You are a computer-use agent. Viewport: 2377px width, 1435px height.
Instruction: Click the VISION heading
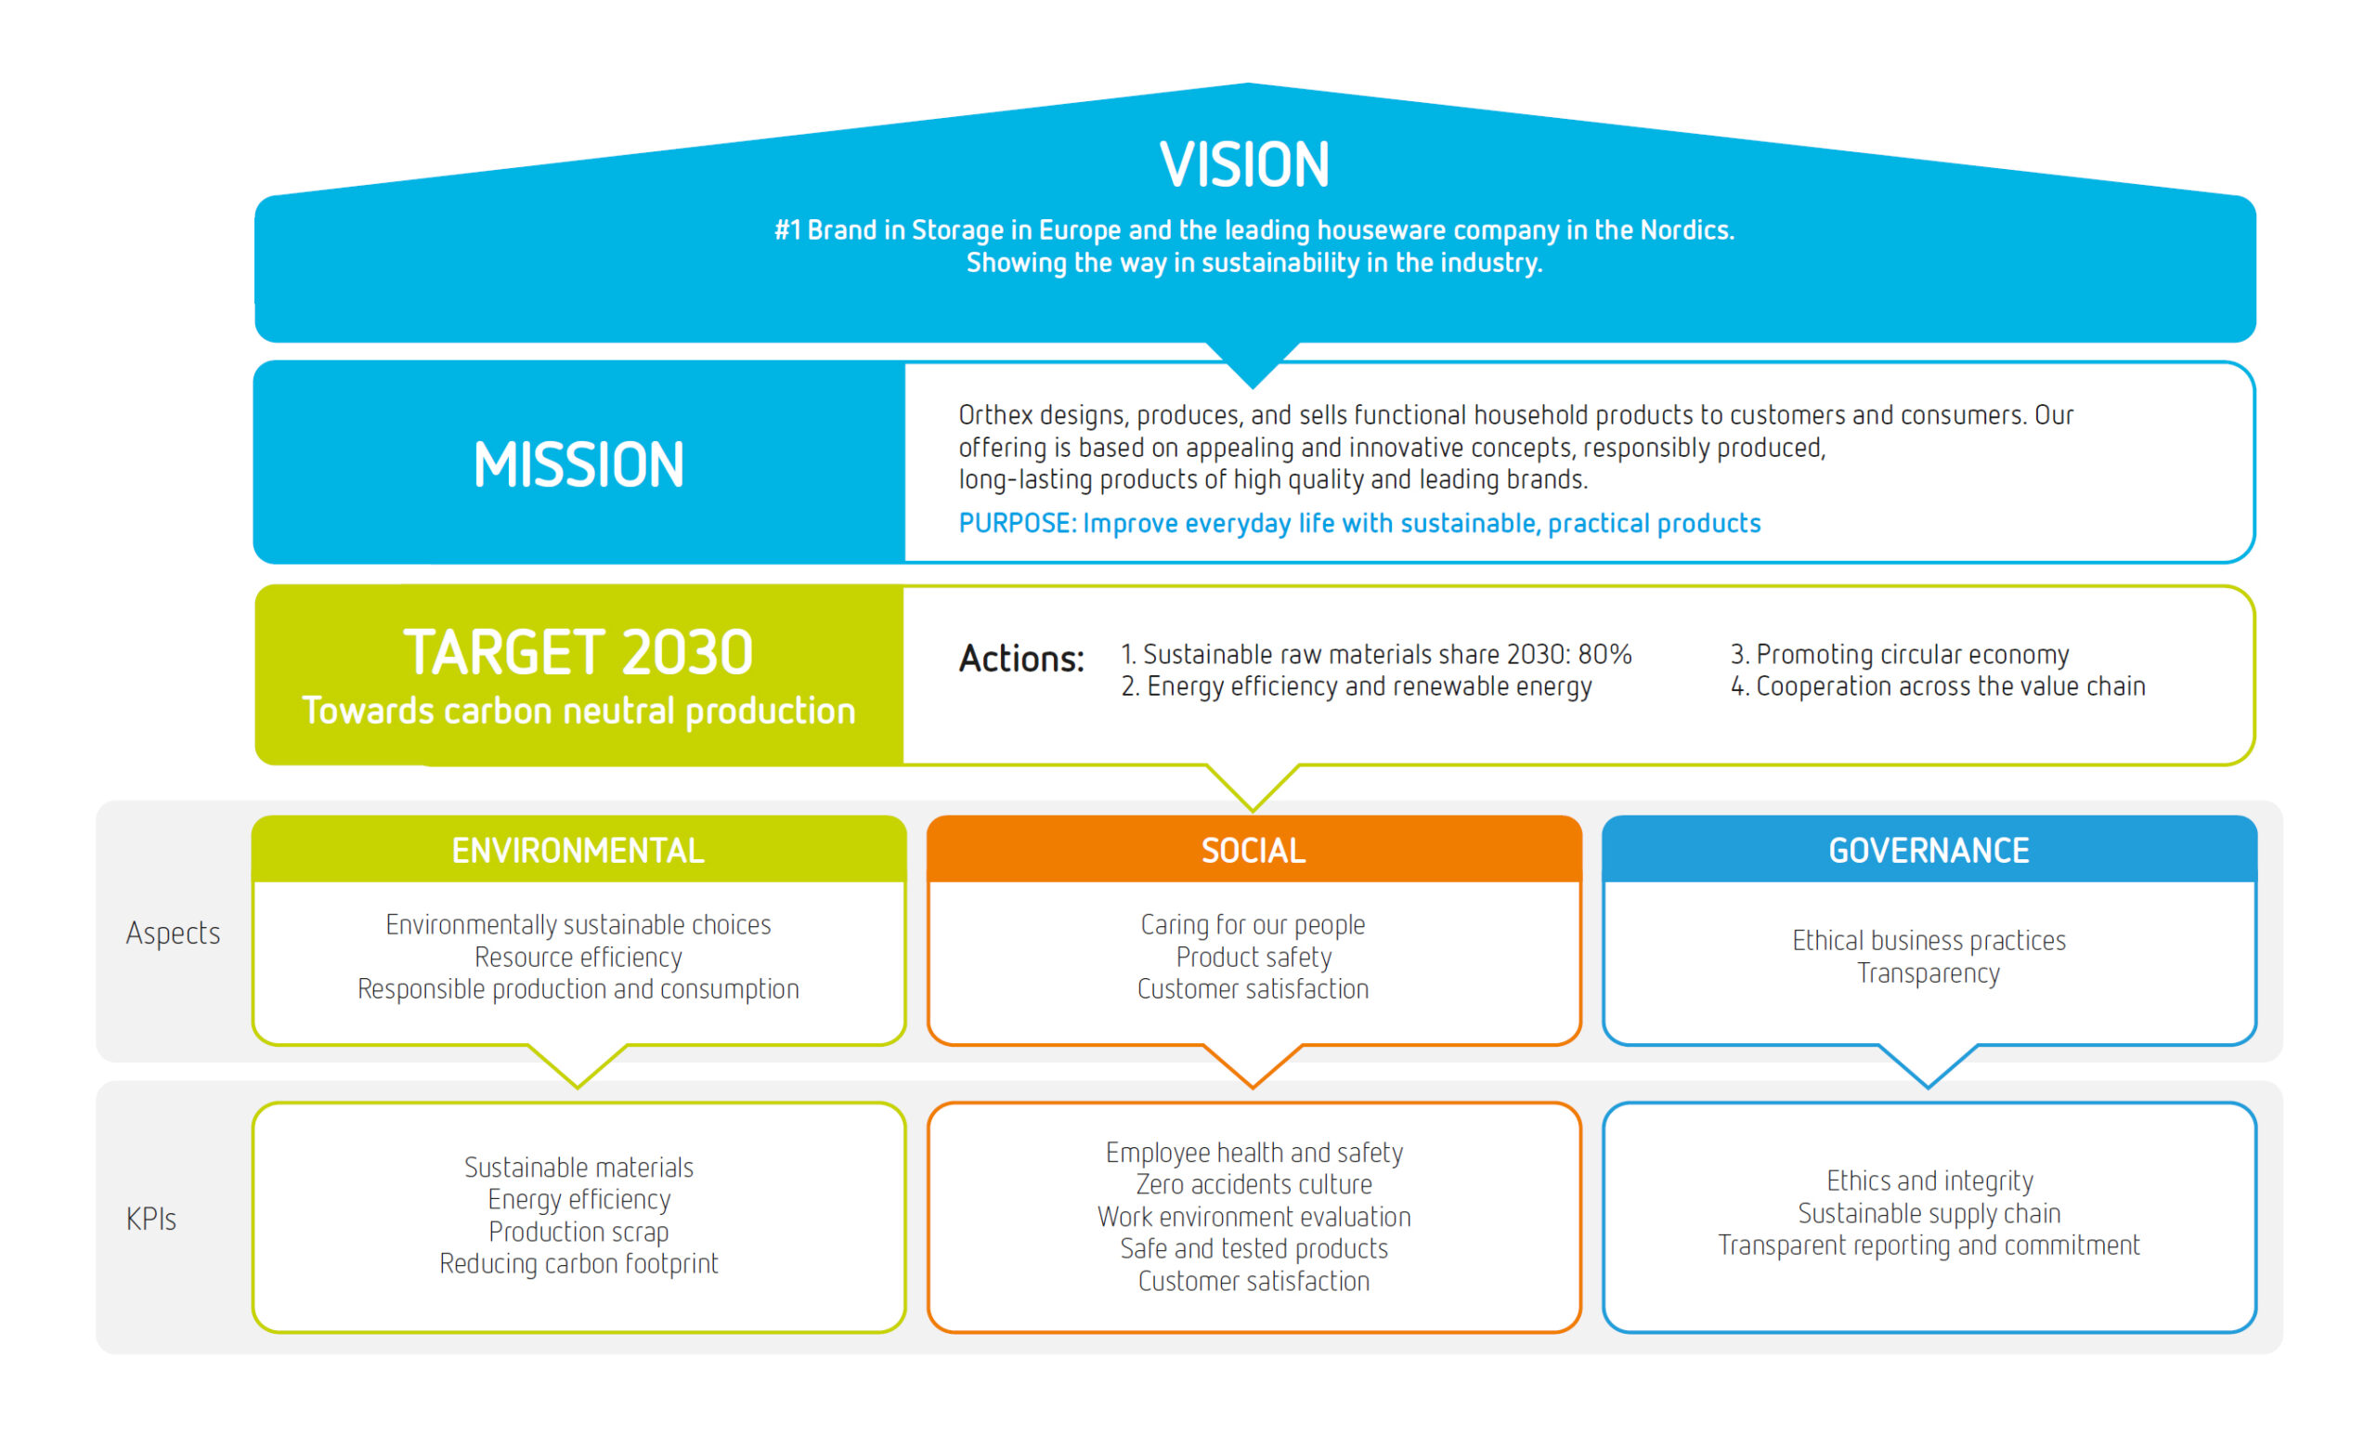pos(1244,164)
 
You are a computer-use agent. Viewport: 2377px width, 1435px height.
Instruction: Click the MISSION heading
pos(578,465)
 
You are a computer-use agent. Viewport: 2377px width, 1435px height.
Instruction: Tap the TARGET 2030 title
pos(578,652)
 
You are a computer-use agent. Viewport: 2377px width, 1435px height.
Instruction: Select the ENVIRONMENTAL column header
pos(578,850)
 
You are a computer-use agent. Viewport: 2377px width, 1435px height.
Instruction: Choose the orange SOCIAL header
pos(1253,850)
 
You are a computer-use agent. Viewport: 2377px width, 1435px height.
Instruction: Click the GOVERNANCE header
pos(1929,850)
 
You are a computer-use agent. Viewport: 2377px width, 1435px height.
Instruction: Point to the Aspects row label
pos(173,933)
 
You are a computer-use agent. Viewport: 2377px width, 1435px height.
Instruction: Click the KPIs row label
pos(151,1219)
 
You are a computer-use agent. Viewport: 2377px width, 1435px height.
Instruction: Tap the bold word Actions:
pos(1021,659)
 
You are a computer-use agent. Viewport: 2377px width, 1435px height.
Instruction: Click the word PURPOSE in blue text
pos(1015,523)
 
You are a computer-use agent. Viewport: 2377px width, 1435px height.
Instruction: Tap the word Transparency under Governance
pos(1929,972)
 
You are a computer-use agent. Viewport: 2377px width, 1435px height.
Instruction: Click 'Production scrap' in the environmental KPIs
pos(578,1232)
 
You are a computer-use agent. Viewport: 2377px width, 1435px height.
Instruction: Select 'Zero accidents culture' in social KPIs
pos(1253,1184)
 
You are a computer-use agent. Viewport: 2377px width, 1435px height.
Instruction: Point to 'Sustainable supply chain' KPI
pos(1929,1213)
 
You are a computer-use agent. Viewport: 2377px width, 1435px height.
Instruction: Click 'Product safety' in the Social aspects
pos(1253,958)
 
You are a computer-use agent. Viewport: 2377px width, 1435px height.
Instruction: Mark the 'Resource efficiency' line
pos(578,958)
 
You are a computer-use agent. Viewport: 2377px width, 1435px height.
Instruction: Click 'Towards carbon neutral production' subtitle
pos(578,711)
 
